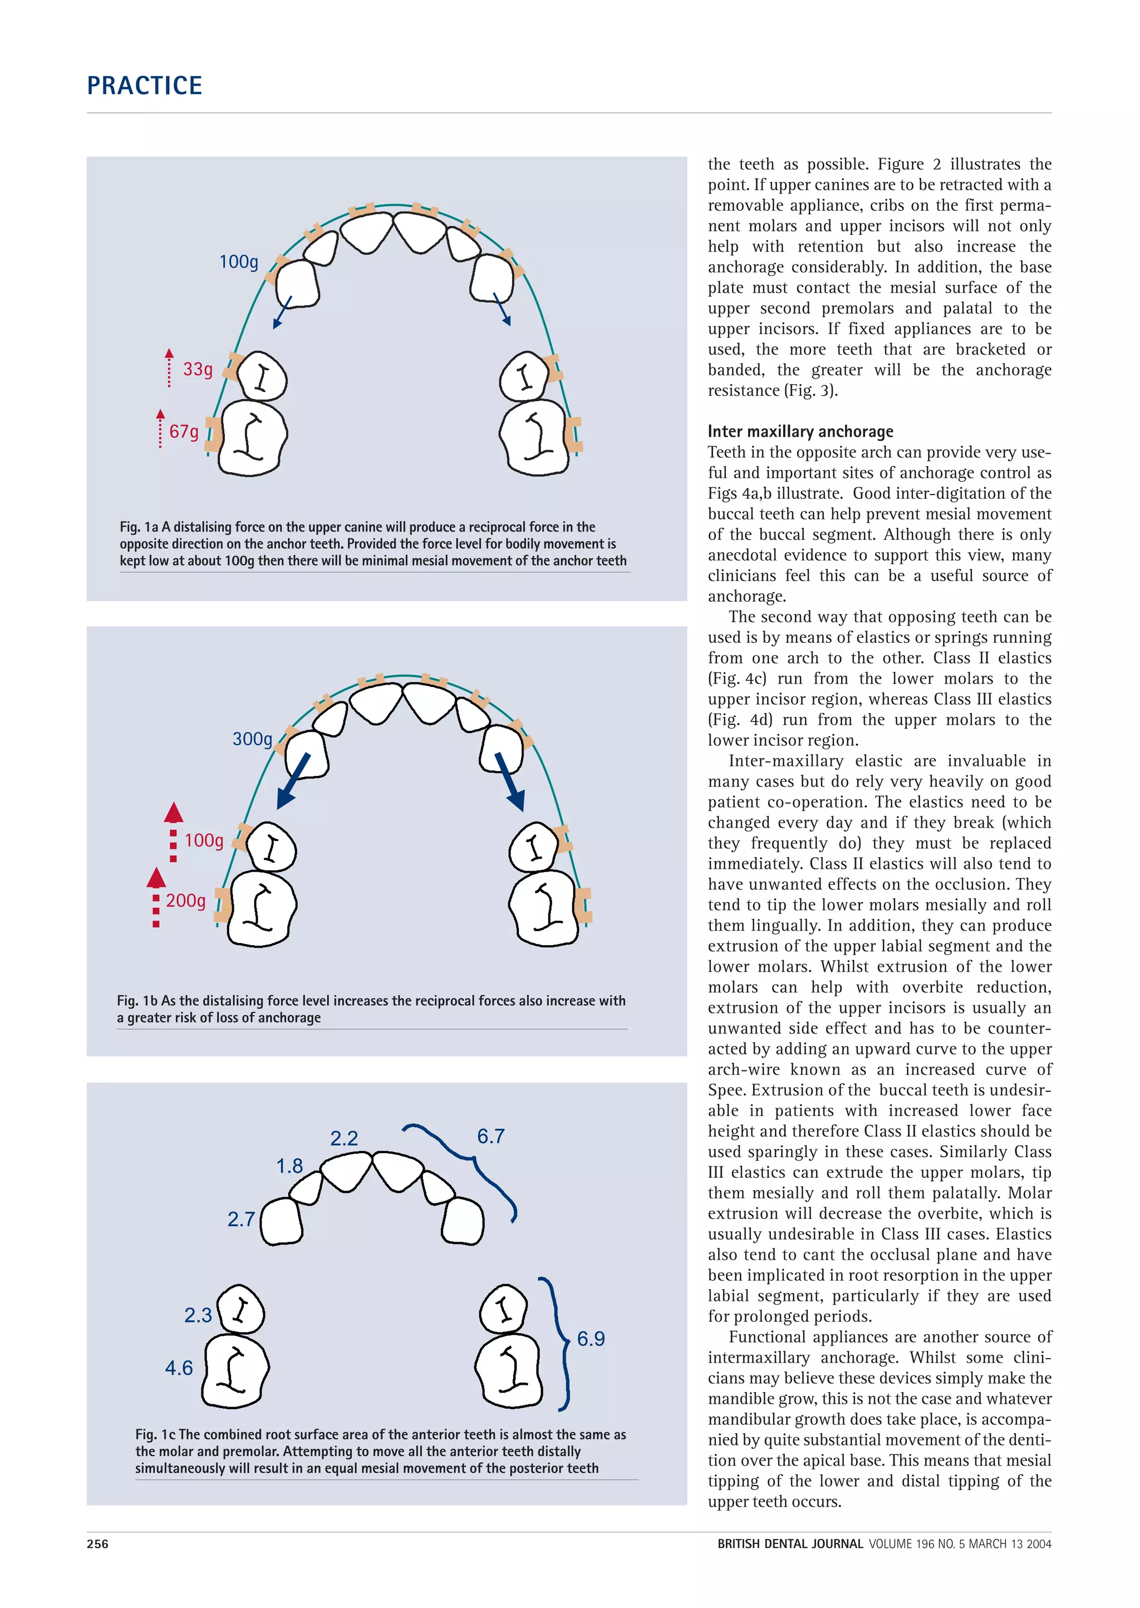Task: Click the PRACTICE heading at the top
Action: [x=145, y=86]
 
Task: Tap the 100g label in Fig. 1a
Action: [x=239, y=262]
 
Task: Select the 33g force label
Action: [x=197, y=369]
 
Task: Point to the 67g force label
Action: [x=184, y=431]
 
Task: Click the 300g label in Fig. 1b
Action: [x=252, y=739]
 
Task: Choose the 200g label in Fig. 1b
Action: [x=186, y=901]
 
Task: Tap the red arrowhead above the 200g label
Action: [x=156, y=877]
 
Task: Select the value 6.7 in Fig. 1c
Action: [x=490, y=1137]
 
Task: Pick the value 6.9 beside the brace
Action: [x=591, y=1339]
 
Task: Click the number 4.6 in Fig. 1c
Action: [x=179, y=1368]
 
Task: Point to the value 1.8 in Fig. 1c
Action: [x=289, y=1166]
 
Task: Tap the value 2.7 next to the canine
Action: [x=241, y=1219]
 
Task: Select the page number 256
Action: [x=97, y=1543]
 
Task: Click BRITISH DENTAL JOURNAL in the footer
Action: [x=790, y=1543]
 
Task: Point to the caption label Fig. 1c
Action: [x=155, y=1435]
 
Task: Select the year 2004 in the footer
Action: [x=1038, y=1543]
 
